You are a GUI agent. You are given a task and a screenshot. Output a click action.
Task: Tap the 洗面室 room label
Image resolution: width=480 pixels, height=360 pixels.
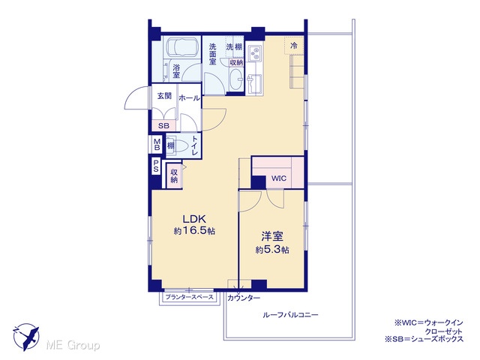[x=213, y=54]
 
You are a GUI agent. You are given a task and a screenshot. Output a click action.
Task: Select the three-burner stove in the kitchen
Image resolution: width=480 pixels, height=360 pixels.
[x=255, y=53]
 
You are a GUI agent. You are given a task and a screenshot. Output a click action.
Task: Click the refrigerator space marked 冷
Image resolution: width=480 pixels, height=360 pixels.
[x=294, y=46]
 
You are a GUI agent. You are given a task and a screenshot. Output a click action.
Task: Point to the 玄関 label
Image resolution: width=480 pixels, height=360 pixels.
[x=164, y=96]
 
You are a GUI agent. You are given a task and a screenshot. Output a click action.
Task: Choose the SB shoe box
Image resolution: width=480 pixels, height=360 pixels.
[x=163, y=125]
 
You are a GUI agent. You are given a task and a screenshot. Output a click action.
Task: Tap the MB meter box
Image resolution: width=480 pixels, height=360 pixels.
[x=157, y=145]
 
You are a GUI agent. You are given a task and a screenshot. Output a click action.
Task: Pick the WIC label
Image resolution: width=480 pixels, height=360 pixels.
[x=279, y=178]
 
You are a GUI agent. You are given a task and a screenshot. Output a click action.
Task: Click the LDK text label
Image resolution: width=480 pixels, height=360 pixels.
[x=194, y=219]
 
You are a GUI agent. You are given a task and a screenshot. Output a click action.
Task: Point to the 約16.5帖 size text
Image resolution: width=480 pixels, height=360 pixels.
[x=194, y=231]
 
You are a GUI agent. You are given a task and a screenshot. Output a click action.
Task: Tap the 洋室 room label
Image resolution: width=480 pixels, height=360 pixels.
[x=272, y=236]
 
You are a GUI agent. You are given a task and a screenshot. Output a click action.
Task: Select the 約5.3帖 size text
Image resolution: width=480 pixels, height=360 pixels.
[x=272, y=250]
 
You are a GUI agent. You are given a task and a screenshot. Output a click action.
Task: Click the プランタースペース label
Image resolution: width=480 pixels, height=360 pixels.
[x=190, y=297]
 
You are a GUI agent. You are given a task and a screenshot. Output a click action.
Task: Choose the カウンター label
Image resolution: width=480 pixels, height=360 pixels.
[x=244, y=298]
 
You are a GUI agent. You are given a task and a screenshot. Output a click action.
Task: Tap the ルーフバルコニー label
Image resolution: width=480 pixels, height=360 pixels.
[x=290, y=315]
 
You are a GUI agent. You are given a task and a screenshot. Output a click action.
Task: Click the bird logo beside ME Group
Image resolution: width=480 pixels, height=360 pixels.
[x=26, y=337]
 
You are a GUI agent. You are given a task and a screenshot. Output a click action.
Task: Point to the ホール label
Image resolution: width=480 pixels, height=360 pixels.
[x=189, y=98]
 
